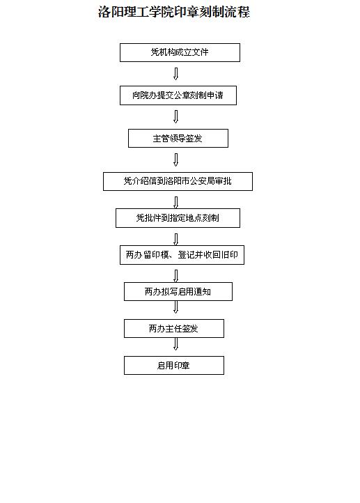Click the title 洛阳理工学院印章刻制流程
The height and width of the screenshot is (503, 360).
coord(174,12)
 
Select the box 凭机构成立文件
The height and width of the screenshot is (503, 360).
coord(180,53)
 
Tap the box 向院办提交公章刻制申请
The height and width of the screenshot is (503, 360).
coord(178,95)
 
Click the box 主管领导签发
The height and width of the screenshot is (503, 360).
coord(178,138)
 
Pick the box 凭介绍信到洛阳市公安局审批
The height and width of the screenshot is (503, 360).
coord(178,182)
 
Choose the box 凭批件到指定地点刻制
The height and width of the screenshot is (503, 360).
coord(178,218)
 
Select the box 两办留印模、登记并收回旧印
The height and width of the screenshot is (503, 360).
coord(182,255)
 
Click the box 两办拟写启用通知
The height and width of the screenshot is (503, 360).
coord(178,292)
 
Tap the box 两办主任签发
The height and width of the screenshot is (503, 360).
coord(174,329)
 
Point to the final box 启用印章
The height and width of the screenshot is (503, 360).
coord(174,365)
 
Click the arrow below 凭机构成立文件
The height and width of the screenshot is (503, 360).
coord(175,73)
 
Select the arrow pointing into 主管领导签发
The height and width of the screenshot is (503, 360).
coord(175,117)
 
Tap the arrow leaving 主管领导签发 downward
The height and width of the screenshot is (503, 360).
coord(175,160)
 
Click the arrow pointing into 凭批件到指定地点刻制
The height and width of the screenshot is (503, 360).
coord(175,203)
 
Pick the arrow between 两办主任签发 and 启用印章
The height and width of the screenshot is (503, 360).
coord(175,344)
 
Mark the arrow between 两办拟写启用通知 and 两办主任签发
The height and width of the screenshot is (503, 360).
coord(175,307)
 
